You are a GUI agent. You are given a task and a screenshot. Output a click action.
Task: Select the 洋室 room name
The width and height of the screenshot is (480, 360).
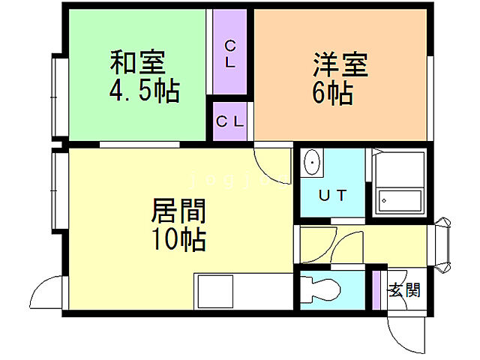click(x=340, y=64)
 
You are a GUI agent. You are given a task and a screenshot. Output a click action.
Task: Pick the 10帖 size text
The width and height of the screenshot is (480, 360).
click(x=180, y=240)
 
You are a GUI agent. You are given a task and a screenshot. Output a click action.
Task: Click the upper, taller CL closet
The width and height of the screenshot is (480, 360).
click(x=230, y=52)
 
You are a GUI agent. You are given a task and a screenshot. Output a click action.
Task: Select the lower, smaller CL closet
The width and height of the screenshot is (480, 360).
click(x=229, y=121)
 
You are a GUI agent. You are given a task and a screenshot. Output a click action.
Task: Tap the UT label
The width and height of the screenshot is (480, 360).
click(x=332, y=196)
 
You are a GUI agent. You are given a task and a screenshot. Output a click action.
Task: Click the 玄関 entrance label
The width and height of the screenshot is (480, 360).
click(x=403, y=290)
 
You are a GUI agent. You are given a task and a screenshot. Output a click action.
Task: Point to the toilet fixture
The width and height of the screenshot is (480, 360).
click(x=322, y=289)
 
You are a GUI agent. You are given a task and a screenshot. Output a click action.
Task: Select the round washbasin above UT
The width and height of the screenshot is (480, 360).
click(x=312, y=160)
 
